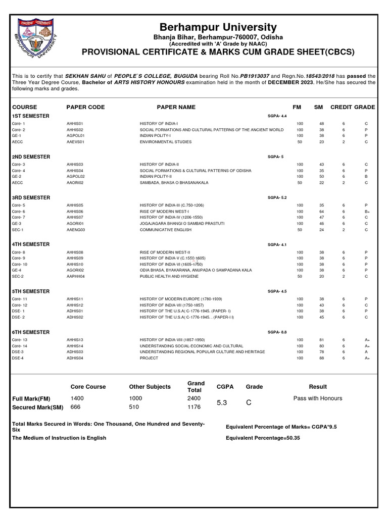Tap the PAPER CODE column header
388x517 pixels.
point(85,107)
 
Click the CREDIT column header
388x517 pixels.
point(341,107)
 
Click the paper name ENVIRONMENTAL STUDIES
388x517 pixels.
point(166,142)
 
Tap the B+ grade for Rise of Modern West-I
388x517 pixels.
point(367,211)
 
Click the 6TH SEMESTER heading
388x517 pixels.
point(31,332)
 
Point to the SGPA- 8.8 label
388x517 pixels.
point(277,332)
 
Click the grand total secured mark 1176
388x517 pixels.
point(194,407)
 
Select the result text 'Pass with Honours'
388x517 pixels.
point(317,398)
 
